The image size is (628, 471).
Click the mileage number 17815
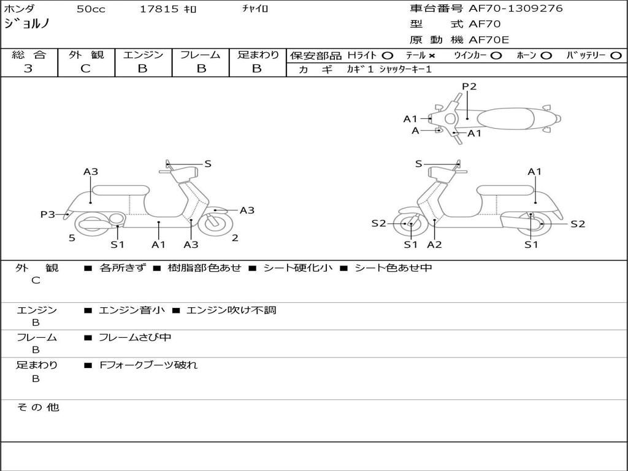click(x=159, y=9)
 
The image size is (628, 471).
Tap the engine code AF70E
click(x=489, y=40)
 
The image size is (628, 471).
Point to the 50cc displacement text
click(x=90, y=9)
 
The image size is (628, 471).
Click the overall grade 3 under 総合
click(x=28, y=69)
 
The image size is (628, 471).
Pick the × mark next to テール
click(x=432, y=55)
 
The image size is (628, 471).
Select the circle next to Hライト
click(x=388, y=55)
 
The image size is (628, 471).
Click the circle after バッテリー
click(x=616, y=55)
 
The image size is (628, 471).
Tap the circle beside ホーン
click(x=546, y=55)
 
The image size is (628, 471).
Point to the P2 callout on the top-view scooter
click(x=469, y=86)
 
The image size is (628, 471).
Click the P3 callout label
click(x=48, y=214)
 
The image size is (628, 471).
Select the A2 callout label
click(x=435, y=245)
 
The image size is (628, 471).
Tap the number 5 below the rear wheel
click(x=72, y=238)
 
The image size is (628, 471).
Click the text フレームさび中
click(x=135, y=337)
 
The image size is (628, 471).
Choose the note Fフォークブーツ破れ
click(x=148, y=365)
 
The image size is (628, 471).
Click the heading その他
click(x=38, y=407)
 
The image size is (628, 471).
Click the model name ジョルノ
click(x=26, y=24)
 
